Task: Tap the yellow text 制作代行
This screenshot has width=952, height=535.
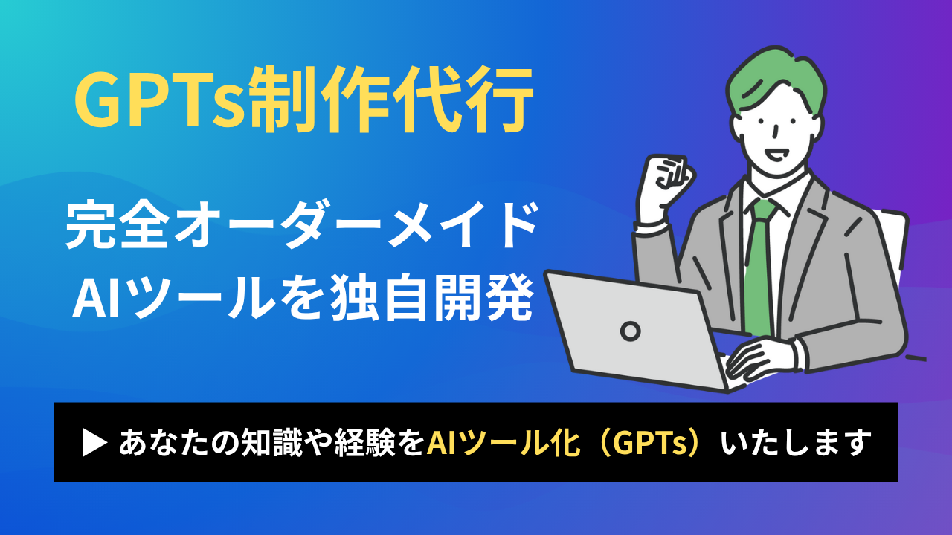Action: [391, 100]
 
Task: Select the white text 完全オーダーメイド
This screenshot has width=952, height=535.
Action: [302, 225]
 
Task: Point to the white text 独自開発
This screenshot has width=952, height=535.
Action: [431, 297]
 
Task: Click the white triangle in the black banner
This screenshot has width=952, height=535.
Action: [94, 443]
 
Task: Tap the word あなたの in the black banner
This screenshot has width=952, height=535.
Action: [179, 443]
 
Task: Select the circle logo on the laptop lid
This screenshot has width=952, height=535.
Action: [631, 331]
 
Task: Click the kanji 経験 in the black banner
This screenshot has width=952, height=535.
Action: [364, 443]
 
